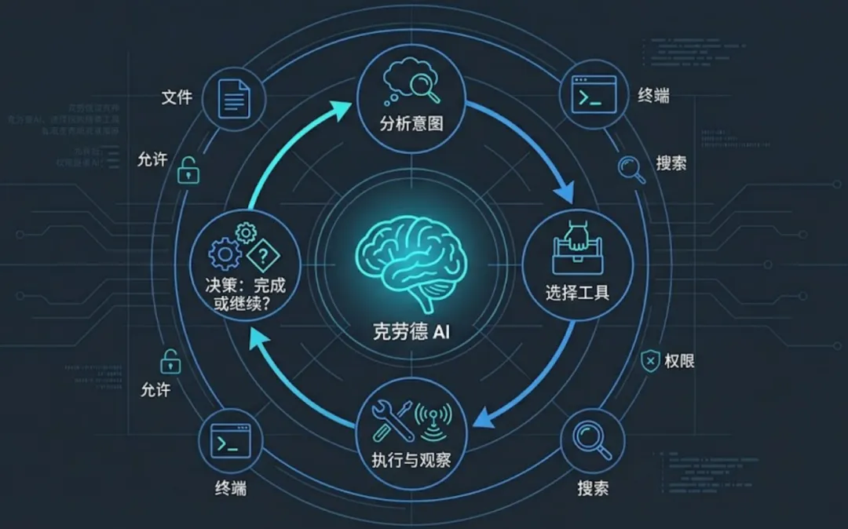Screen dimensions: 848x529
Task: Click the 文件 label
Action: tap(177, 97)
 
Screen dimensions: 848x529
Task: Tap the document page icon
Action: tap(232, 97)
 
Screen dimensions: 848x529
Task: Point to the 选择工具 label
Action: tap(578, 294)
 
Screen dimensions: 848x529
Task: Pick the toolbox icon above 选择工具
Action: tap(577, 250)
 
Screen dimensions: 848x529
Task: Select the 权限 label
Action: tap(679, 361)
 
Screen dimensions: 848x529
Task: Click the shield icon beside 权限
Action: tap(649, 361)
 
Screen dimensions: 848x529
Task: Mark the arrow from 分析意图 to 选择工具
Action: tap(542, 145)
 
